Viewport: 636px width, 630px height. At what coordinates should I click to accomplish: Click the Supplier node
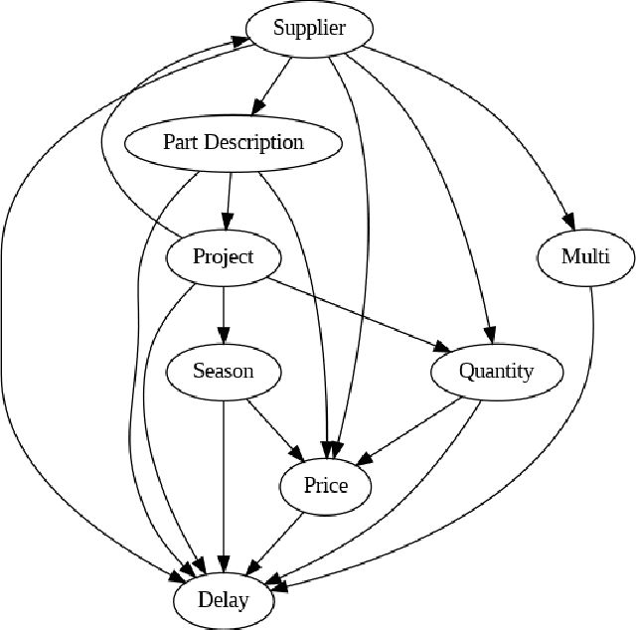(x=309, y=28)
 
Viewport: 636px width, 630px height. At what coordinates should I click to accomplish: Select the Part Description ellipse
(x=234, y=142)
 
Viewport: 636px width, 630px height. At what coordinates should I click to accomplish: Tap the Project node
(x=223, y=256)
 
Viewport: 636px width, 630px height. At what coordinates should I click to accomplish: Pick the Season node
(x=223, y=371)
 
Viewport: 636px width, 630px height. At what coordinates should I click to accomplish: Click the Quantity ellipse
(x=496, y=371)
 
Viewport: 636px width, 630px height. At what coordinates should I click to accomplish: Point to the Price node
(x=326, y=485)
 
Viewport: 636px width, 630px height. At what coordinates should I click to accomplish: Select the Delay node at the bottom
(x=223, y=600)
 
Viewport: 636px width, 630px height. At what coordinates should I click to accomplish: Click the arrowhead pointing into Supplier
(x=241, y=40)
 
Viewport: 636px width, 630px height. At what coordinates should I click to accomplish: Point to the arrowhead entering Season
(x=223, y=336)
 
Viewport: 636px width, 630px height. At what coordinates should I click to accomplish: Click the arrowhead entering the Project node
(x=228, y=221)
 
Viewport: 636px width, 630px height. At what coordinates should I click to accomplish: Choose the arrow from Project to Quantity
(x=358, y=313)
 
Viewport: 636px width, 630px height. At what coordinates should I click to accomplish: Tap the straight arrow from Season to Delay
(x=223, y=477)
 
